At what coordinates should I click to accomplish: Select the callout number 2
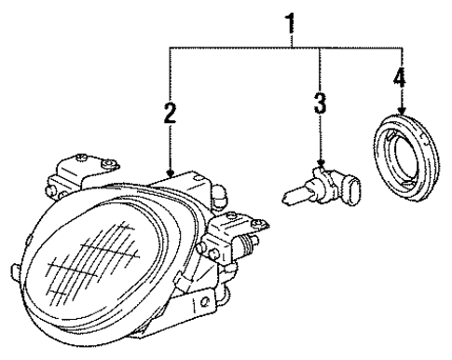171,114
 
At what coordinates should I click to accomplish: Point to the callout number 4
400,79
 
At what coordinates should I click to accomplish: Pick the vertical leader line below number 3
321,135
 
